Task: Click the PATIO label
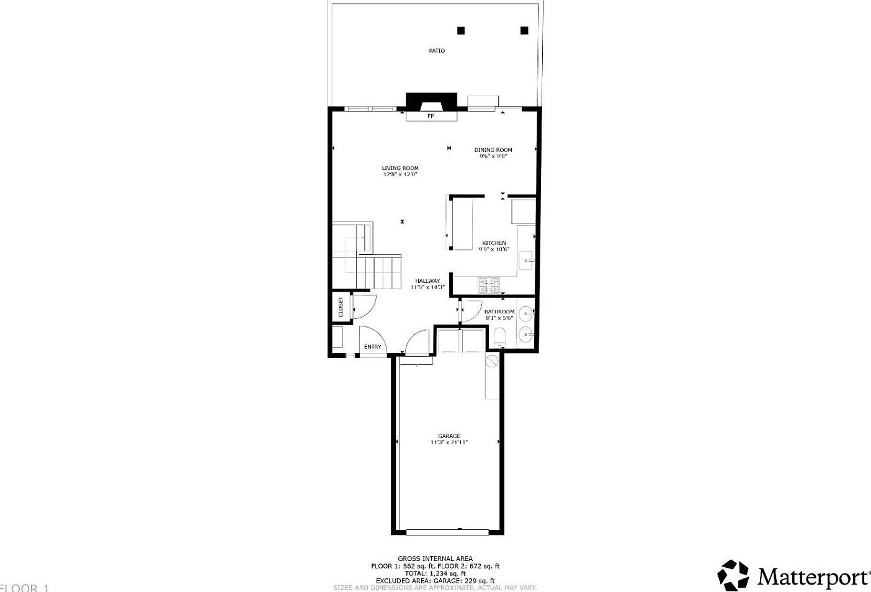[x=437, y=51]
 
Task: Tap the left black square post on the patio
[x=461, y=30]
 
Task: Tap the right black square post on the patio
[x=524, y=30]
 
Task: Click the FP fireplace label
[x=431, y=116]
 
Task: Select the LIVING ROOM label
[x=400, y=168]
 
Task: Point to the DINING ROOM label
[x=493, y=150]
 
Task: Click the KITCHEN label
[x=494, y=243]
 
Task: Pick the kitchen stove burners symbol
[x=489, y=285]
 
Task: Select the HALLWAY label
[x=427, y=281]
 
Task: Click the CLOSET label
[x=341, y=308]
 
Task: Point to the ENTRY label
[x=373, y=347]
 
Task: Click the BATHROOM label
[x=499, y=312]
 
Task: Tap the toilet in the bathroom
[x=499, y=339]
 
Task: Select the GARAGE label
[x=449, y=436]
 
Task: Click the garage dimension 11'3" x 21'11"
[x=449, y=442]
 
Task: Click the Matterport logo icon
[x=733, y=575]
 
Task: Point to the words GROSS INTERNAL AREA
[x=435, y=558]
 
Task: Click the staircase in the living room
[x=367, y=258]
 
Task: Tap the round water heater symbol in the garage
[x=493, y=361]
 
